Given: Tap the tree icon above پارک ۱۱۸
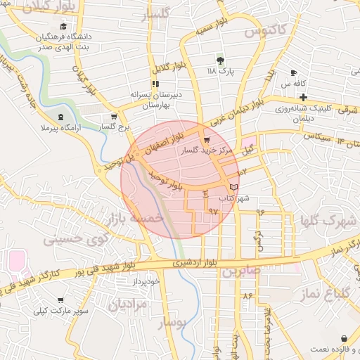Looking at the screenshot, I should click(220, 60).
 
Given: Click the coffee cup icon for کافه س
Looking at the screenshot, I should click(293, 73).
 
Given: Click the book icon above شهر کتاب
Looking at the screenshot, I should click(233, 186).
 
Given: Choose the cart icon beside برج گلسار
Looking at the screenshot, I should click(114, 117).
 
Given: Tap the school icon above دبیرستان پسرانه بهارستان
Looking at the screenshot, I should click(155, 84).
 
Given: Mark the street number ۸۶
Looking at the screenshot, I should click(247, 296).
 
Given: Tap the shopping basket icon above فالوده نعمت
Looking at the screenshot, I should click(343, 339).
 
